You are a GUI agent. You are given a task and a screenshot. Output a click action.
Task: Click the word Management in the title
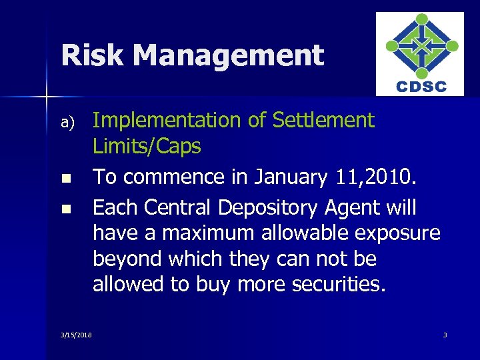[x=229, y=55]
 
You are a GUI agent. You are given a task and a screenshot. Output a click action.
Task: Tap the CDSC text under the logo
[x=421, y=87]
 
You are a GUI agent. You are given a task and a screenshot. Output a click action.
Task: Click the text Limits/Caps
[x=147, y=147]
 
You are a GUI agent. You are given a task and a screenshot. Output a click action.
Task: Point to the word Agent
[x=365, y=209]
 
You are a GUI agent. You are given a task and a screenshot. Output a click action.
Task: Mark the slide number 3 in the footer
[x=445, y=335]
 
